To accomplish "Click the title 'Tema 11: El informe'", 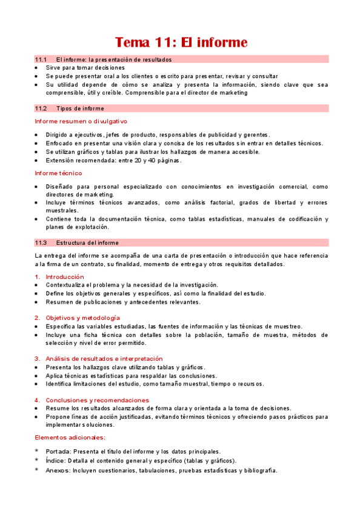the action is [181, 42].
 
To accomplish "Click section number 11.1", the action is [41, 59].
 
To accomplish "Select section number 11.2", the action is [41, 108].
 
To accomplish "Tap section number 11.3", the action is [41, 243].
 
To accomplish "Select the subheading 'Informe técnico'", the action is [59, 173].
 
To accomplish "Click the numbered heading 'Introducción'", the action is [65, 276].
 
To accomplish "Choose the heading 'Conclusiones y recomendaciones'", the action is [97, 400].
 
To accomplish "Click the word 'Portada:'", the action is [59, 452].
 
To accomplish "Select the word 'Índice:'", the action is [57, 461].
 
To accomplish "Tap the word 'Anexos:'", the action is [58, 470].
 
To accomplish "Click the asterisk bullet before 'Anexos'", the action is [37, 470].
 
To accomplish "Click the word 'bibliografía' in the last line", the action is [259, 470].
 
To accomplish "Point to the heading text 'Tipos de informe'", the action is [80, 108].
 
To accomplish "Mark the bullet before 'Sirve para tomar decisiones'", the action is [37, 68].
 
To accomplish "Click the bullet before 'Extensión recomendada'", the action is [37, 161].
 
